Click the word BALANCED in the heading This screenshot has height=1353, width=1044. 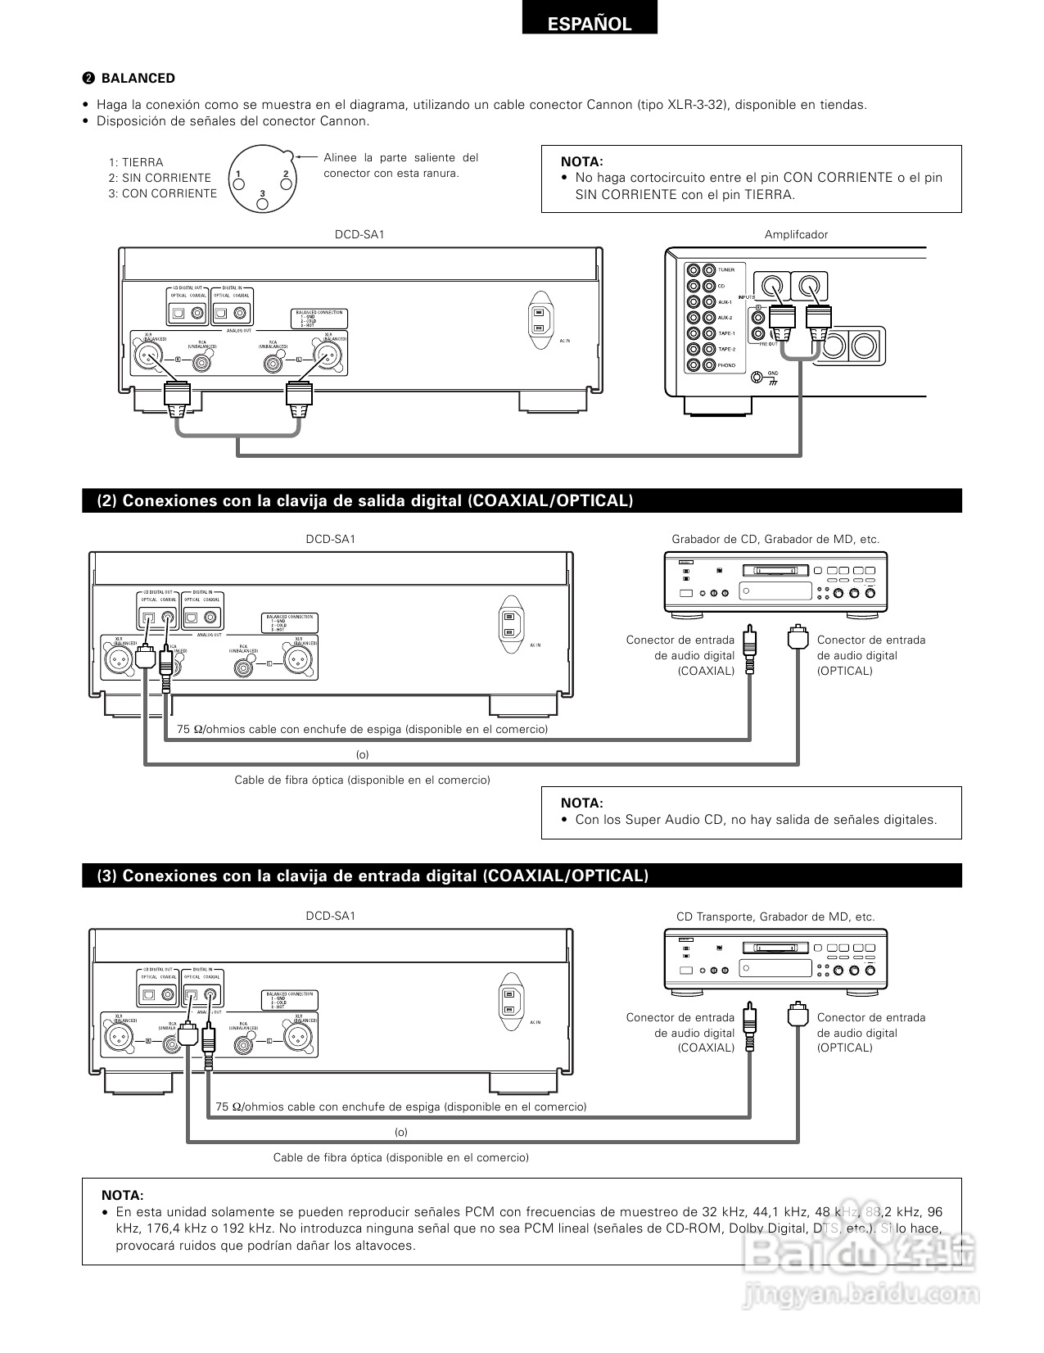[x=138, y=79]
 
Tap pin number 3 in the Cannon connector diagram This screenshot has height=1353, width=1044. [x=262, y=193]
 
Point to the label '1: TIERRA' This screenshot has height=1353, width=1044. [x=136, y=162]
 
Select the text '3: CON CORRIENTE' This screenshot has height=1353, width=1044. [x=163, y=193]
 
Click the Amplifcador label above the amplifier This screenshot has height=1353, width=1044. [x=796, y=234]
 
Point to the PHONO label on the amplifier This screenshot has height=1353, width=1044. [x=726, y=365]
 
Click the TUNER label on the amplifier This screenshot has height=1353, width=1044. [x=726, y=270]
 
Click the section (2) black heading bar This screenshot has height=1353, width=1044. [x=522, y=500]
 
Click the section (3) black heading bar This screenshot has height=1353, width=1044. [x=522, y=876]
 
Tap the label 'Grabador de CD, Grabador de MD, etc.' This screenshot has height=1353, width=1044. [x=775, y=539]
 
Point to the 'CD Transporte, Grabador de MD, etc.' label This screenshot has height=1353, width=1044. [x=775, y=917]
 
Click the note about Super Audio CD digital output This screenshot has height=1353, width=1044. [x=756, y=820]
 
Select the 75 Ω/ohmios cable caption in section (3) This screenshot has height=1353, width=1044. [x=401, y=1106]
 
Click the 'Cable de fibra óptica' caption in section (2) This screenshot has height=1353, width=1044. [x=362, y=780]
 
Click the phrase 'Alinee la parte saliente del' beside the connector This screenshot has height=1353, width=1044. [x=401, y=157]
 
